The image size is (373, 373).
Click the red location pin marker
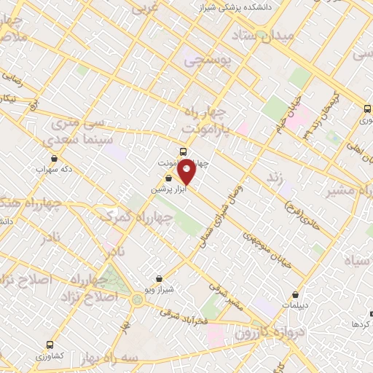click(x=186, y=170)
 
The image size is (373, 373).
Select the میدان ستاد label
click(x=262, y=35)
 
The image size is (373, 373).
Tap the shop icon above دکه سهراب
click(x=53, y=157)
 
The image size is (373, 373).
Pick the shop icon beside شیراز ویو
click(x=159, y=278)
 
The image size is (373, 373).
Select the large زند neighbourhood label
click(x=274, y=178)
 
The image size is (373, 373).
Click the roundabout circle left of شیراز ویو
click(x=137, y=299)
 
